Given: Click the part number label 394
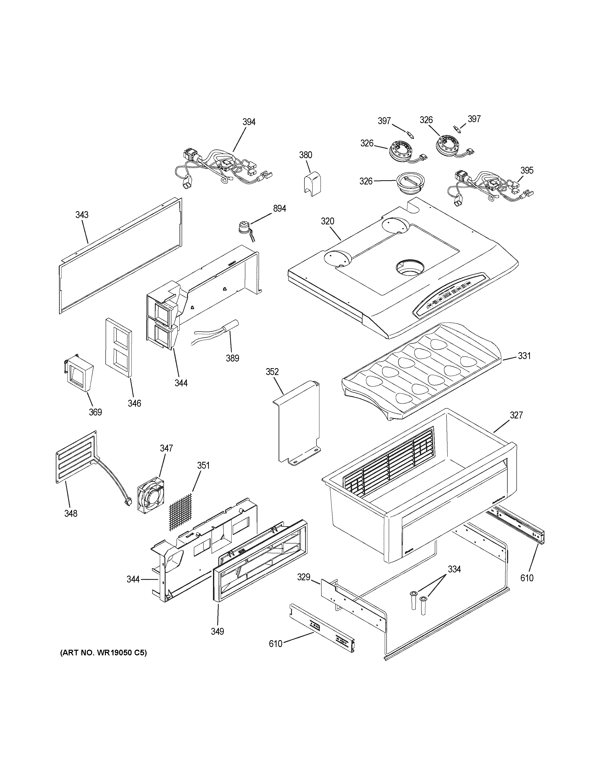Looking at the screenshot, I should point(249,122).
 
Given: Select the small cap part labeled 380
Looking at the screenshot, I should point(312,183).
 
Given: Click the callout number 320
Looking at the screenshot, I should point(327,221).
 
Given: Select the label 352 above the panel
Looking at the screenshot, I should point(272,372).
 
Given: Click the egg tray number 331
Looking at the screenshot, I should point(524,355).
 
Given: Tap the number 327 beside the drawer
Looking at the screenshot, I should point(516,415).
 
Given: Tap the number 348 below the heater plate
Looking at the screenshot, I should point(71,513).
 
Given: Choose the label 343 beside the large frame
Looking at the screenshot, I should point(82,215).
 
